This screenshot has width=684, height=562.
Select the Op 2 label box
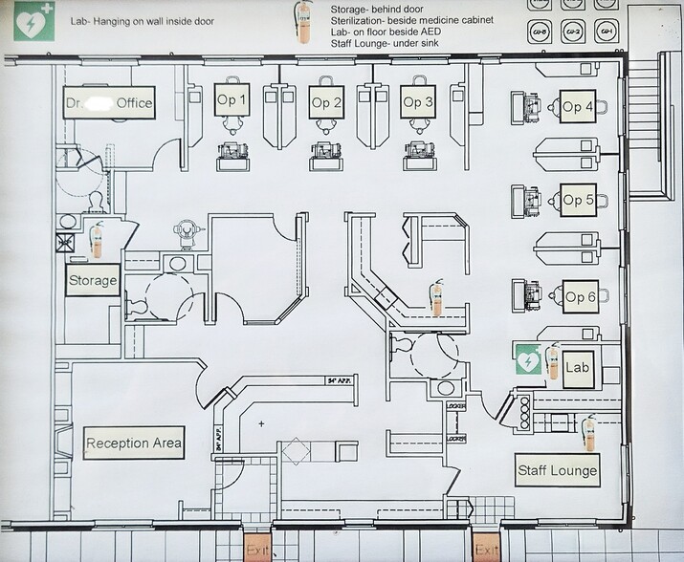(x=326, y=101)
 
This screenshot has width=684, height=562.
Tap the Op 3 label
(x=418, y=101)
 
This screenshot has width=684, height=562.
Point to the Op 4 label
(x=578, y=106)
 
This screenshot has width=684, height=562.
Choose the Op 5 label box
(x=579, y=200)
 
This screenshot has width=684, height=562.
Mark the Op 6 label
(x=580, y=296)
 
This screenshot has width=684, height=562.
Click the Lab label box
(x=576, y=366)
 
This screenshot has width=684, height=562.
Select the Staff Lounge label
(x=558, y=469)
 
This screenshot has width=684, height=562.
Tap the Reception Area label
(x=134, y=443)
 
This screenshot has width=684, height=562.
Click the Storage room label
(x=93, y=281)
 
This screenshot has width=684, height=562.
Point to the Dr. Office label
(x=108, y=103)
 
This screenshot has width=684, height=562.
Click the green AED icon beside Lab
(x=528, y=361)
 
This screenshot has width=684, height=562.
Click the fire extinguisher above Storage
(x=97, y=239)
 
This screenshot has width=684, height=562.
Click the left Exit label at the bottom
(x=257, y=550)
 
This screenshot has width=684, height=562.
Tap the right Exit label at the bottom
(x=487, y=550)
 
